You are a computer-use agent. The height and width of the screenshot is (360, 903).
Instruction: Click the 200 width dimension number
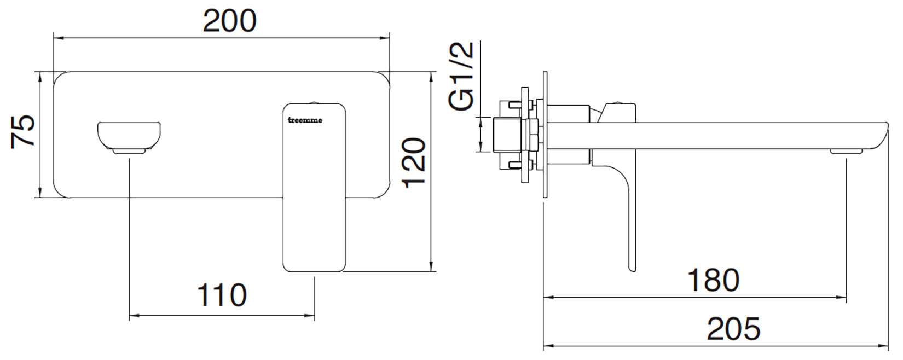click(x=229, y=22)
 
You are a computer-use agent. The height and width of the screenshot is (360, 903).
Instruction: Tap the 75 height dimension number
click(x=25, y=132)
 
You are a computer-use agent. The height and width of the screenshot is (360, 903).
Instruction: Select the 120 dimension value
click(x=414, y=162)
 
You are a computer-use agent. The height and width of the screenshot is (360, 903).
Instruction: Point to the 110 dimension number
click(x=222, y=295)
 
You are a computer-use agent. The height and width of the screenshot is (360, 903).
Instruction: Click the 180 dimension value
click(x=713, y=280)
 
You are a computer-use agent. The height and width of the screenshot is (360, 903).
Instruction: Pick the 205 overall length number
click(x=733, y=329)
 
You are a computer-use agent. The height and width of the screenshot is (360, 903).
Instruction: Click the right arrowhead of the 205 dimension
click(x=887, y=346)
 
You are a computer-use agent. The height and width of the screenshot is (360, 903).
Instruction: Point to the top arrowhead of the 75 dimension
click(x=40, y=76)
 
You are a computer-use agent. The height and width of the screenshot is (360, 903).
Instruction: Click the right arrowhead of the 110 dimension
click(x=312, y=316)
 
